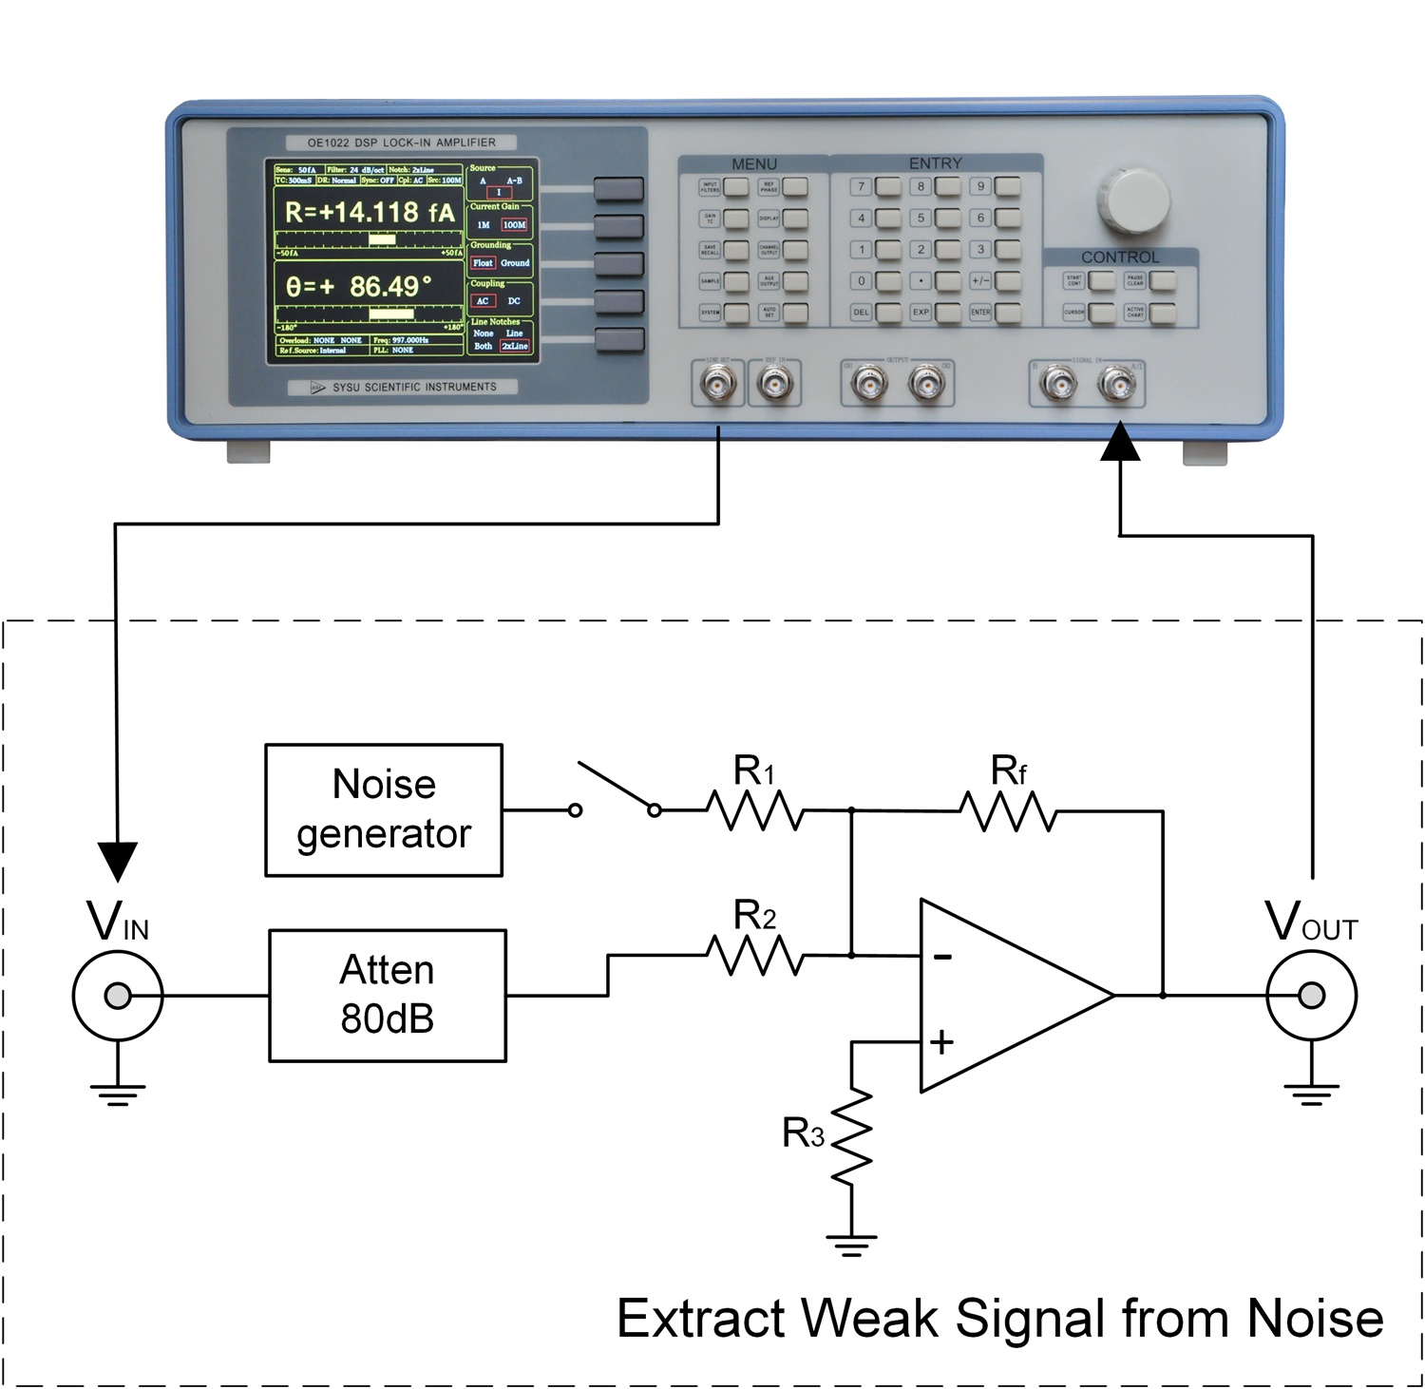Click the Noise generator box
[384, 809]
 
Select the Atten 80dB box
[388, 995]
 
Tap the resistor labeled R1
[755, 810]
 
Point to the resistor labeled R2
[755, 955]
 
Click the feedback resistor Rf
[1008, 811]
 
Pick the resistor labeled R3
[852, 1136]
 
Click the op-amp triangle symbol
[1007, 995]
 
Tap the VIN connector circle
[118, 996]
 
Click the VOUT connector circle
[1311, 996]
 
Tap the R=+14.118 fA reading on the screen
[370, 212]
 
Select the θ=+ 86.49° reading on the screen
[359, 286]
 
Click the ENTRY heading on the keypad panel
[935, 163]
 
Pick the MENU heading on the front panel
[754, 164]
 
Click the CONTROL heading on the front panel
[1120, 257]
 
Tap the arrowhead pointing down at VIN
[117, 860]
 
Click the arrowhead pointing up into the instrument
[1121, 443]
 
